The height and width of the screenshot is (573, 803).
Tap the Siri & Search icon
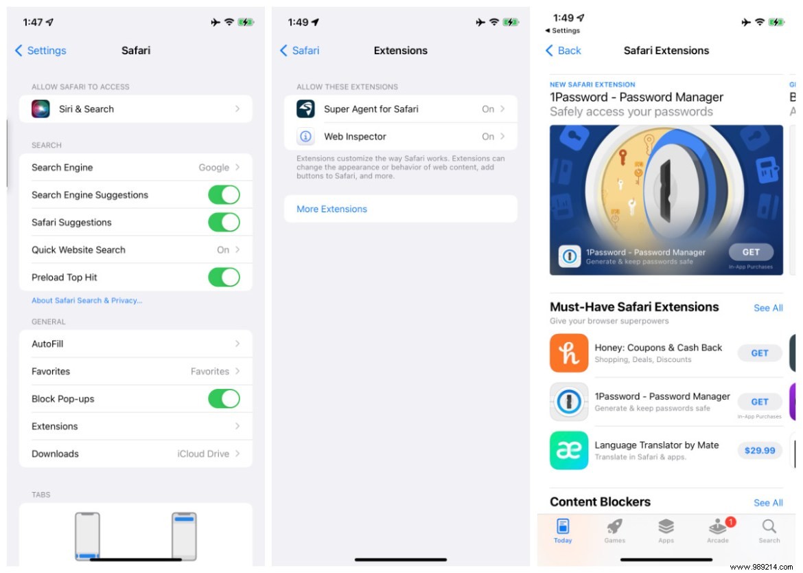[x=40, y=109]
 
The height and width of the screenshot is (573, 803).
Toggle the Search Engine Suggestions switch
[x=224, y=195]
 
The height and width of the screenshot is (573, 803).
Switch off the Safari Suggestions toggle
[x=224, y=223]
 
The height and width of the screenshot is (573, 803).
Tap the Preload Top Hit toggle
[x=224, y=278]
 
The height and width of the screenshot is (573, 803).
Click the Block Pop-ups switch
[x=224, y=399]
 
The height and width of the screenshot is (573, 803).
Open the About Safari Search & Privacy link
[x=87, y=301]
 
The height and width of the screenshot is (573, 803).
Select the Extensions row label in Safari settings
[x=55, y=427]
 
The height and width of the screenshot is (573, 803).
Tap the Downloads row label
[x=55, y=454]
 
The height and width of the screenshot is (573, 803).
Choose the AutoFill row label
[x=47, y=344]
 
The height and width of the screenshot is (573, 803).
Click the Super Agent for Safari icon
[x=305, y=109]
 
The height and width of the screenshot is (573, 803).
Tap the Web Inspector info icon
[x=305, y=137]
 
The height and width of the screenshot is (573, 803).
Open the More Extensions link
[x=331, y=209]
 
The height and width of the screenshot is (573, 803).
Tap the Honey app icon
[x=569, y=353]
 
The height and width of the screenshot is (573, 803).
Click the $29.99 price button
[x=760, y=451]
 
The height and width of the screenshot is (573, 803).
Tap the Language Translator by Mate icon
[x=569, y=451]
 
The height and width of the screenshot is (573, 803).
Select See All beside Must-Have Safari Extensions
[x=768, y=308]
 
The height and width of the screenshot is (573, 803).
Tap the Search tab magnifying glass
[x=769, y=527]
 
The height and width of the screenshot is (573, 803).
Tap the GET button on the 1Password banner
[x=751, y=252]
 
